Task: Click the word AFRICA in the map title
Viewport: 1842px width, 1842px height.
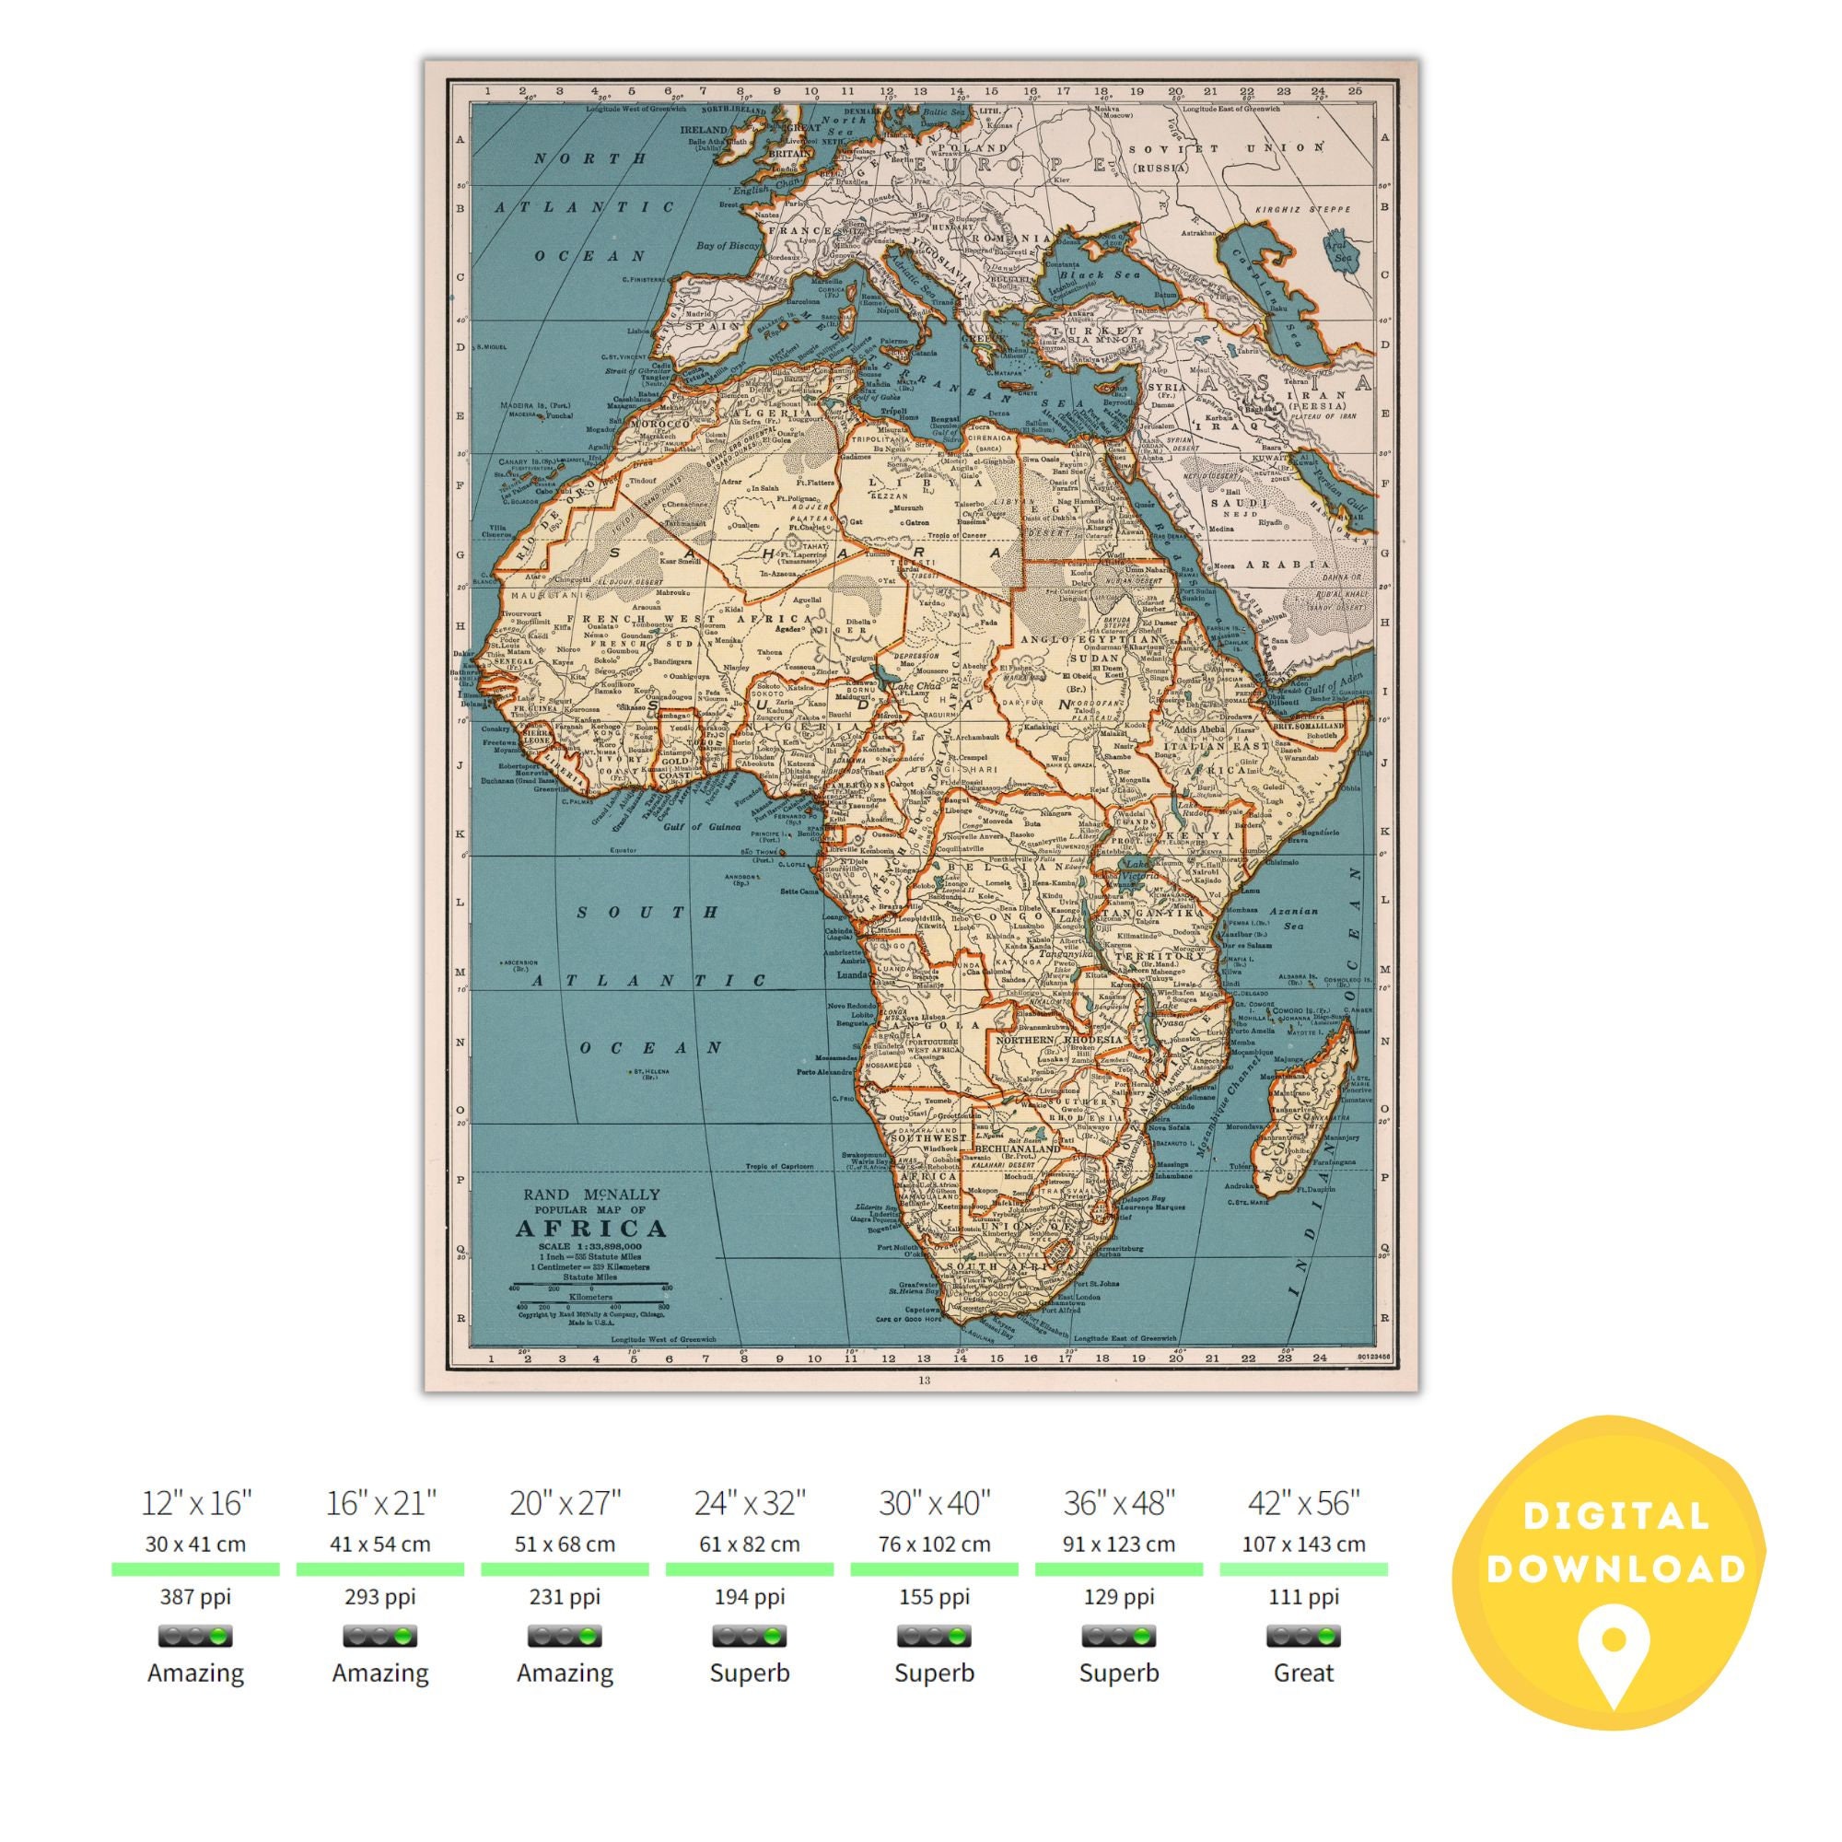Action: (590, 1228)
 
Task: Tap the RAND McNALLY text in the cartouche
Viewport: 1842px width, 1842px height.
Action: (590, 1194)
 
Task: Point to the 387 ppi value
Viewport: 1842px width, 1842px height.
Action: (195, 1596)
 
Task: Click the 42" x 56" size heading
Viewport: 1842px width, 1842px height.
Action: (1303, 1504)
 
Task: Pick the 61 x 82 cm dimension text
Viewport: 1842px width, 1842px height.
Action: (750, 1544)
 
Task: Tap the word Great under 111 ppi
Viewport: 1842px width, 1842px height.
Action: (1303, 1673)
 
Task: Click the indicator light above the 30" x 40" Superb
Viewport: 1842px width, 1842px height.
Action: (934, 1636)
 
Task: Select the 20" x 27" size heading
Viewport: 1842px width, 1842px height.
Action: (565, 1504)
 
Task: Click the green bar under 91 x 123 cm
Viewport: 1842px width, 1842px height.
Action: (1118, 1568)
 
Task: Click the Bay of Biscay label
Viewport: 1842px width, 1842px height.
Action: (728, 245)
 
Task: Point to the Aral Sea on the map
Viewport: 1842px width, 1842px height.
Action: (1338, 250)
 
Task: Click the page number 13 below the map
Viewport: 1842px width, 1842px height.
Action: (923, 1380)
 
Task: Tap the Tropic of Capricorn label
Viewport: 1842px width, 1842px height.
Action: (779, 1166)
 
